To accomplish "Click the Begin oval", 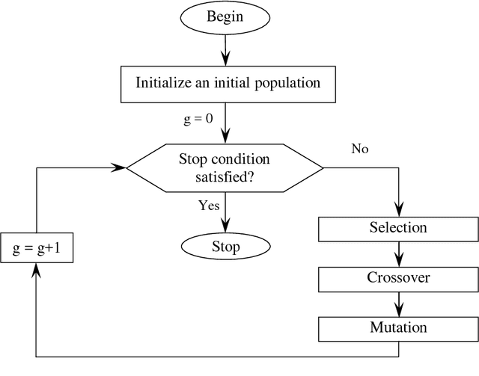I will pyautogui.click(x=225, y=17).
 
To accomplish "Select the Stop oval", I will pyautogui.click(x=225, y=246).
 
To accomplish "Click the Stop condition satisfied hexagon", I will pyautogui.click(x=225, y=167).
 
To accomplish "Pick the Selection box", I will pyautogui.click(x=397, y=228).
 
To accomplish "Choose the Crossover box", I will pyautogui.click(x=397, y=278).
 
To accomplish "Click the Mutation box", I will pyautogui.click(x=397, y=328).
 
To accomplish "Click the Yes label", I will pyautogui.click(x=208, y=205).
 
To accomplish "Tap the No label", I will pyautogui.click(x=360, y=148).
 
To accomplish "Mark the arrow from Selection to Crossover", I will pyautogui.click(x=397, y=253).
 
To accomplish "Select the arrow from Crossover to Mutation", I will pyautogui.click(x=397, y=303).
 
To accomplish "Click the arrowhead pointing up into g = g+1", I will pyautogui.click(x=37, y=271).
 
